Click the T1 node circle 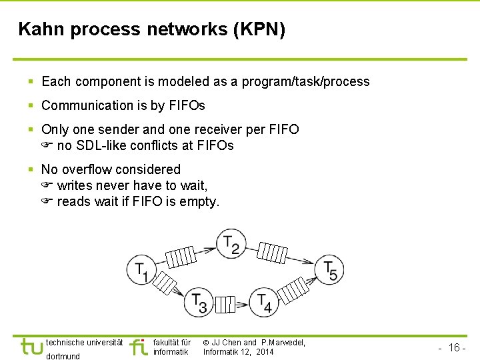[x=141, y=269]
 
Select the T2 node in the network [x=231, y=244]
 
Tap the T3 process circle [x=199, y=303]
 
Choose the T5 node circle [x=329, y=269]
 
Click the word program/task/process [x=305, y=81]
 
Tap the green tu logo [x=31, y=347]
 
